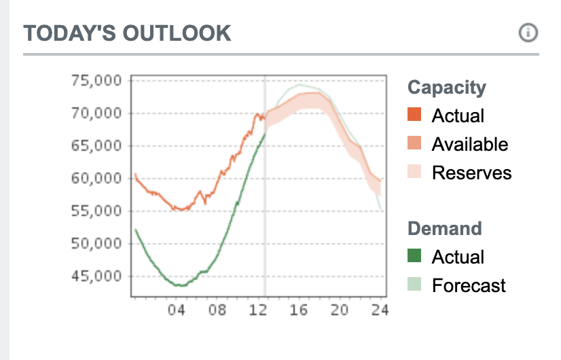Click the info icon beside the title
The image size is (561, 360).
pyautogui.click(x=528, y=33)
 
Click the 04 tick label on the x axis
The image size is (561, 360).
pyautogui.click(x=177, y=310)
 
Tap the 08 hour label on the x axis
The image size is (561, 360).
pyautogui.click(x=217, y=310)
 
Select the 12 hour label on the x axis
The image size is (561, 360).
pyautogui.click(x=258, y=310)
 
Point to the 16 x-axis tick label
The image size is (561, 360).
pyautogui.click(x=299, y=310)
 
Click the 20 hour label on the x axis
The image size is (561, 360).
pyautogui.click(x=340, y=310)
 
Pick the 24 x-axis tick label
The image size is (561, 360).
pyautogui.click(x=380, y=310)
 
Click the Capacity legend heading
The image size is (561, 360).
pyautogui.click(x=447, y=88)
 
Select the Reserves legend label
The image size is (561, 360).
pyautogui.click(x=471, y=173)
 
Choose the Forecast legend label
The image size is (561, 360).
pyautogui.click(x=469, y=285)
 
